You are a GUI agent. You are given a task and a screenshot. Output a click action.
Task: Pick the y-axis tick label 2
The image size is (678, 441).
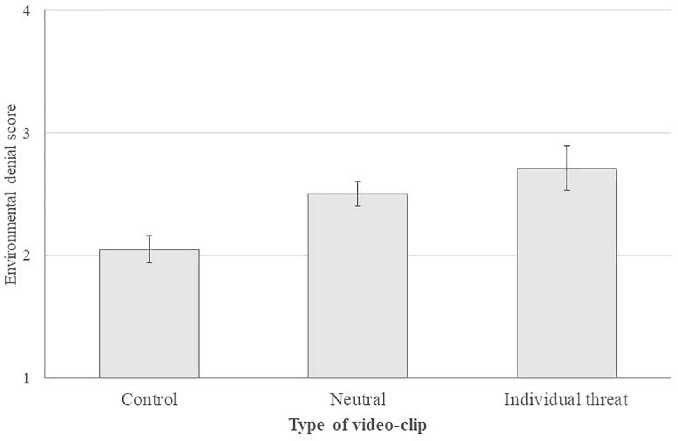coord(26,256)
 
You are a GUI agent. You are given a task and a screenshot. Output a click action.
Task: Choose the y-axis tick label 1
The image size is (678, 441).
coord(26,378)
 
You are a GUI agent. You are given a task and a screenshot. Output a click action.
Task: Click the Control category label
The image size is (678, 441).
coord(149,399)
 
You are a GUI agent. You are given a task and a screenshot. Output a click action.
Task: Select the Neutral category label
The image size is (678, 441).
coord(357,399)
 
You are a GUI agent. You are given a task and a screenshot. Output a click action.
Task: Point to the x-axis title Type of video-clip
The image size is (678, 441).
coord(357,425)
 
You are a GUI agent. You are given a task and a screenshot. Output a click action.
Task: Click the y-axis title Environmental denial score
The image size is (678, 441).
coord(11,194)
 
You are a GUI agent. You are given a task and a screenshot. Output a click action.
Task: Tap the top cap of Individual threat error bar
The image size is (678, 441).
coord(567,146)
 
